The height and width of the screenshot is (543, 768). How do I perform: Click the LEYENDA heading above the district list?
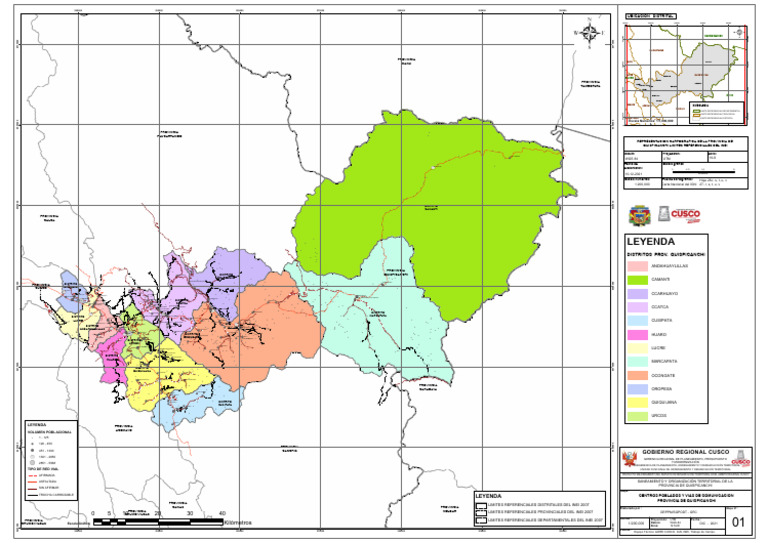[x=651, y=242]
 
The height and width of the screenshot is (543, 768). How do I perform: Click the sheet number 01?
[x=738, y=522]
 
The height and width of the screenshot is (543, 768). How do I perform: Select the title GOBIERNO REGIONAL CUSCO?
[x=690, y=453]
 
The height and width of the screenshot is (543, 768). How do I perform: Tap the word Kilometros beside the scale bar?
[x=238, y=522]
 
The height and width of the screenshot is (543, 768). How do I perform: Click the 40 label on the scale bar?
[x=222, y=513]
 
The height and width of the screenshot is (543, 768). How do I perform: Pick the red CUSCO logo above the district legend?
[x=684, y=214]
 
